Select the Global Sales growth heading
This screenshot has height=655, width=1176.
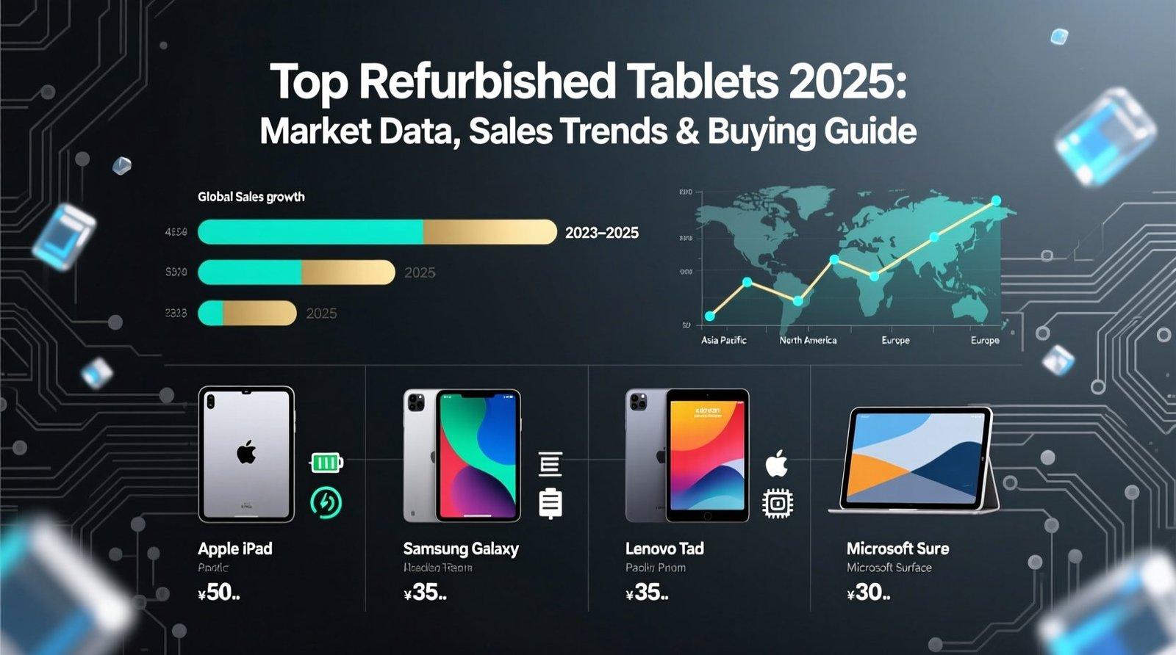251,197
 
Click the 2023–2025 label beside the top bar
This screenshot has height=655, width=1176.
601,233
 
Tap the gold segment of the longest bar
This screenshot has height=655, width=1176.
489,232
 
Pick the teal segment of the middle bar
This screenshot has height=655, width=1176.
250,272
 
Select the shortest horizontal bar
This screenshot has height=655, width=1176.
247,313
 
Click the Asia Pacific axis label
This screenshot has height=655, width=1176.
723,340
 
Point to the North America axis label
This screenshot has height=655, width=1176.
808,340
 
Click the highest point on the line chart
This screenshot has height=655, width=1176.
996,200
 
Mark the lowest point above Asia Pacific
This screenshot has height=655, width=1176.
709,316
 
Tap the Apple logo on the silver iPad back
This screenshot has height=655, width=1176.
246,452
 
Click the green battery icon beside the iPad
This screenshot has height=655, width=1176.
326,463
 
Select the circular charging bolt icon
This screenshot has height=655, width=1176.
326,502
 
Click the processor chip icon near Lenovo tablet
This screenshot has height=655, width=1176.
778,504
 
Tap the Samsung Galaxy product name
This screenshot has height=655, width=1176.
461,549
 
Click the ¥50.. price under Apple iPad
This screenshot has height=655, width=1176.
219,593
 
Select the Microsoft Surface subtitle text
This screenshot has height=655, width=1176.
889,568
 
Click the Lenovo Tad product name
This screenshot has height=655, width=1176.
664,549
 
